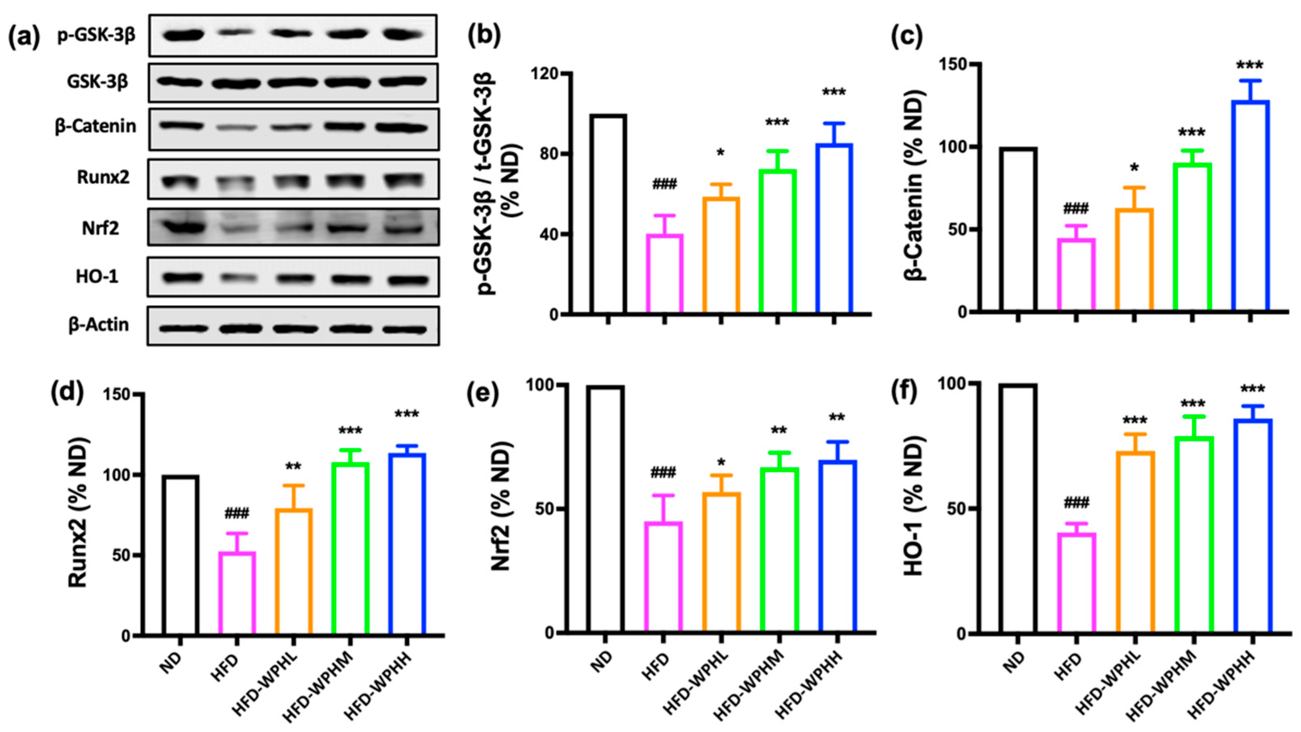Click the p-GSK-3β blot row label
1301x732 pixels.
click(96, 36)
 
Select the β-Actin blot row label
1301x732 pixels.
click(98, 324)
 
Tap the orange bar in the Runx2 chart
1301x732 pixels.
click(293, 571)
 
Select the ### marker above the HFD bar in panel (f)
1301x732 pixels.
click(1076, 503)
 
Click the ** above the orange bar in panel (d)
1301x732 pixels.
click(293, 466)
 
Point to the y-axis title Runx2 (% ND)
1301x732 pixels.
click(78, 513)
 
